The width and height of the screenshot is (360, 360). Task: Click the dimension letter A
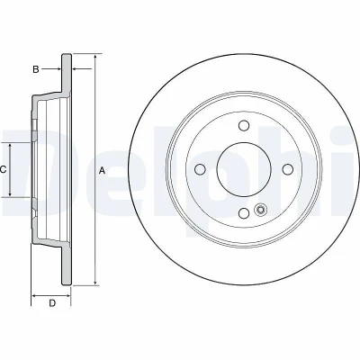coord(102,171)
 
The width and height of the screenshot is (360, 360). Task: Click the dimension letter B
coord(36,69)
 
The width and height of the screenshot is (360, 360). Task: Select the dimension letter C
coord(3,170)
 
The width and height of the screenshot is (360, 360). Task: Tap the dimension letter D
coord(52,303)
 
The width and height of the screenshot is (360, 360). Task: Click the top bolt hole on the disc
coord(244,125)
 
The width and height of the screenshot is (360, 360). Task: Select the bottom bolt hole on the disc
coord(244,213)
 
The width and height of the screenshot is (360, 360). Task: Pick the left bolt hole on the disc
coord(200,169)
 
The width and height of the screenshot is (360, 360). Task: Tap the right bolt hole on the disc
coord(288,169)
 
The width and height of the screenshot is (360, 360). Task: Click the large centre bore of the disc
coord(244,169)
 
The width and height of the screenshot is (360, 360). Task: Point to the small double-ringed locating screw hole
coord(260,210)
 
